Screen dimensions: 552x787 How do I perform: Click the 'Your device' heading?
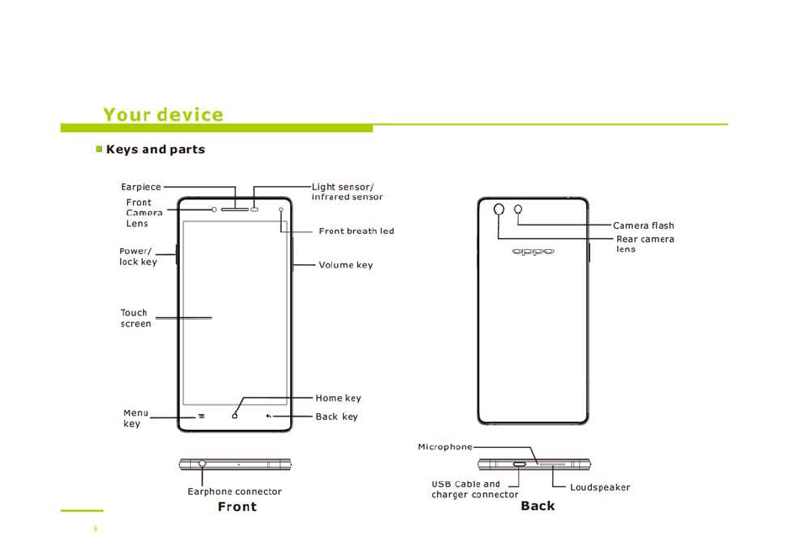pyautogui.click(x=163, y=114)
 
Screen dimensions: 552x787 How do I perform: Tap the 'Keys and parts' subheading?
pyautogui.click(x=156, y=150)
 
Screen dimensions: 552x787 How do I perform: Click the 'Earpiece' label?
pyautogui.click(x=140, y=187)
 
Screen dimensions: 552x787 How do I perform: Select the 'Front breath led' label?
pyautogui.click(x=356, y=231)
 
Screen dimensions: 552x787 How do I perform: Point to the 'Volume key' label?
pyautogui.click(x=346, y=265)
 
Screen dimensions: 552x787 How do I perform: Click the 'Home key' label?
pyautogui.click(x=338, y=398)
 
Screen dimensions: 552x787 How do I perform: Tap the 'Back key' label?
pyautogui.click(x=336, y=417)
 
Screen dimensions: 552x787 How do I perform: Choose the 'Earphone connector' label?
pyautogui.click(x=235, y=491)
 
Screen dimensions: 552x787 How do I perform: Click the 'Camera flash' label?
pyautogui.click(x=643, y=226)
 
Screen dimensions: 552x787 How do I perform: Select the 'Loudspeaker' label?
pyautogui.click(x=599, y=487)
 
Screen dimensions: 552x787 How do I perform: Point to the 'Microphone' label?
pyautogui.click(x=445, y=447)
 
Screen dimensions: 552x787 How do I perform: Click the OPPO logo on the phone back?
pyautogui.click(x=533, y=252)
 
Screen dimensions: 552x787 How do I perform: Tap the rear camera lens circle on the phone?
pyautogui.click(x=499, y=209)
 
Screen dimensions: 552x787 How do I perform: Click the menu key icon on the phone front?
pyautogui.click(x=202, y=416)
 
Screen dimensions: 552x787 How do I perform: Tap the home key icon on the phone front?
pyautogui.click(x=235, y=416)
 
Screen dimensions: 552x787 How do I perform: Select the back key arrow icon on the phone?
pyautogui.click(x=269, y=416)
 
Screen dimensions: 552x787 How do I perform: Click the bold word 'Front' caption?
pyautogui.click(x=237, y=507)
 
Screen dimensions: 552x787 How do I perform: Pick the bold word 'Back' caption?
pyautogui.click(x=537, y=506)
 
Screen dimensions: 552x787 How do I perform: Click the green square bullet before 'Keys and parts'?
pyautogui.click(x=98, y=149)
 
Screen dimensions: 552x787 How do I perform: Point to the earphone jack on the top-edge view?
pyautogui.click(x=203, y=464)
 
